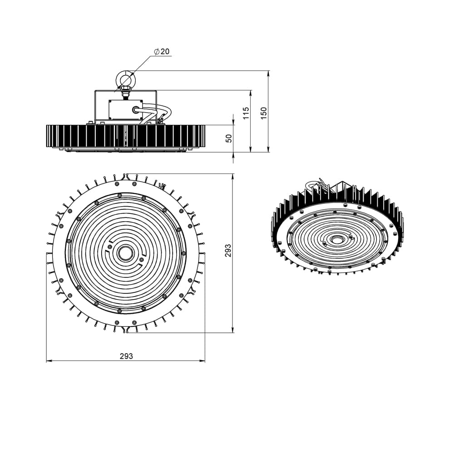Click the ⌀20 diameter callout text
point(162,51)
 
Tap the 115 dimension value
point(246,113)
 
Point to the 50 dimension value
point(229,138)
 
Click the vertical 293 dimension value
point(228,250)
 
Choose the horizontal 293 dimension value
point(126,356)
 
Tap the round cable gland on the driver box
point(136,109)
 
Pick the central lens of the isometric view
point(336,239)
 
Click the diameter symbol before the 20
point(156,52)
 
